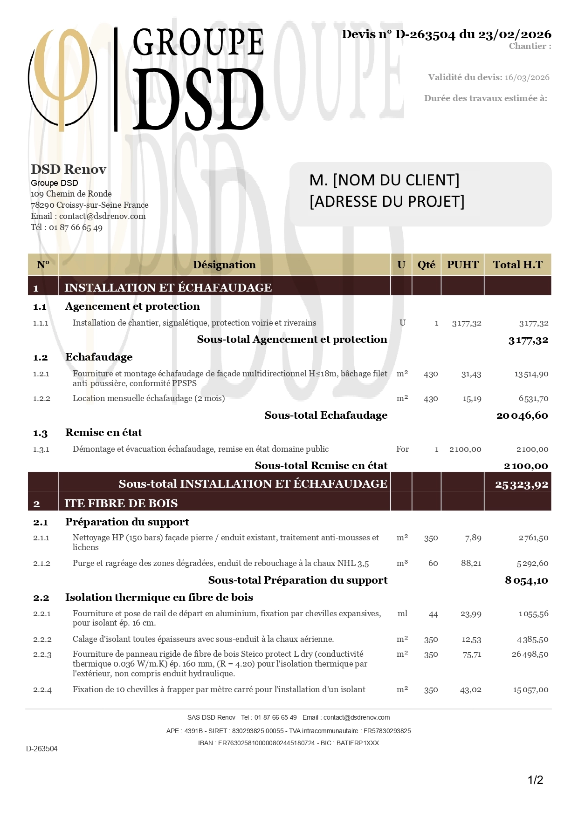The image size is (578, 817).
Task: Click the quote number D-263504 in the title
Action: [425, 34]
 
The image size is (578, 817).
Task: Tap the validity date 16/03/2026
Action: [527, 77]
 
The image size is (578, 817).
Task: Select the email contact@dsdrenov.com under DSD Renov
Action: [102, 216]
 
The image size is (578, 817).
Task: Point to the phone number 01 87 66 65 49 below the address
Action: [76, 227]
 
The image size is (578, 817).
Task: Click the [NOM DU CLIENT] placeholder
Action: [396, 180]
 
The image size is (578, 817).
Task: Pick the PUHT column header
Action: [462, 265]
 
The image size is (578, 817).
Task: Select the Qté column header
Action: [426, 265]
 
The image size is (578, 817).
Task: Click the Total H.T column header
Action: [517, 265]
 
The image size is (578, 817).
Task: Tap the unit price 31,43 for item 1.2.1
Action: [471, 374]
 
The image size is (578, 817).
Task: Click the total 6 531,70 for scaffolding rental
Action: [533, 399]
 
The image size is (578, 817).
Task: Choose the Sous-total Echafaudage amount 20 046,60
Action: [522, 415]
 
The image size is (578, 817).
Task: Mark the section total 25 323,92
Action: [522, 485]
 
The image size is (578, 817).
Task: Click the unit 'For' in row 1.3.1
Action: [402, 449]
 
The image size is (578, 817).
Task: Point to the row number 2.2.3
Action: [42, 654]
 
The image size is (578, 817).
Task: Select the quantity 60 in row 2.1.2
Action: [433, 563]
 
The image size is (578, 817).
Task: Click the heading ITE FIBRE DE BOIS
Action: [121, 503]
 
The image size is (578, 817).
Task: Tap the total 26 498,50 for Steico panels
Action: [530, 654]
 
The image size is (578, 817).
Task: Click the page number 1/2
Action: [535, 780]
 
